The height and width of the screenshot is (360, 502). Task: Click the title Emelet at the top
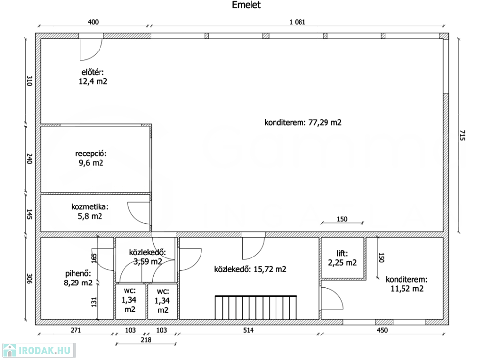(x=246, y=5)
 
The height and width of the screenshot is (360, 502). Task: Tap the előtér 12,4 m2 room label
(x=93, y=77)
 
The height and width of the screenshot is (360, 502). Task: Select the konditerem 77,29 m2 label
(x=302, y=122)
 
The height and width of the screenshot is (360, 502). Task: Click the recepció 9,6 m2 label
(x=91, y=158)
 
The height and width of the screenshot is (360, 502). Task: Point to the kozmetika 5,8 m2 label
(x=90, y=211)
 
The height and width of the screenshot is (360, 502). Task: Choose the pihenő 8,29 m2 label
(x=78, y=278)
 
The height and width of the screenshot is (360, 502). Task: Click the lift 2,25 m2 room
(x=342, y=258)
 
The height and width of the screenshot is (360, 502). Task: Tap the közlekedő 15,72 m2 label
(x=250, y=269)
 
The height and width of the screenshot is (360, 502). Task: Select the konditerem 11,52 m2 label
(x=406, y=284)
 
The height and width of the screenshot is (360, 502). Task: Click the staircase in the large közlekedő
(x=255, y=308)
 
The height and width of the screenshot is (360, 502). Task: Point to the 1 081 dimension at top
(x=298, y=22)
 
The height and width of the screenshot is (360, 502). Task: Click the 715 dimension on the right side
(x=462, y=135)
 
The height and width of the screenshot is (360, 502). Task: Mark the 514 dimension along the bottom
(x=249, y=330)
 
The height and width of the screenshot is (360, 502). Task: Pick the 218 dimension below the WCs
(x=146, y=340)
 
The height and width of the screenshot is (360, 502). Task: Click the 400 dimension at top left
(x=93, y=22)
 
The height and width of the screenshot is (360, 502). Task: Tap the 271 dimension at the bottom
(x=76, y=330)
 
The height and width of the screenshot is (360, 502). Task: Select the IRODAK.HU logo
(x=39, y=350)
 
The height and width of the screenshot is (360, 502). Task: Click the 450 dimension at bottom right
(x=382, y=330)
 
